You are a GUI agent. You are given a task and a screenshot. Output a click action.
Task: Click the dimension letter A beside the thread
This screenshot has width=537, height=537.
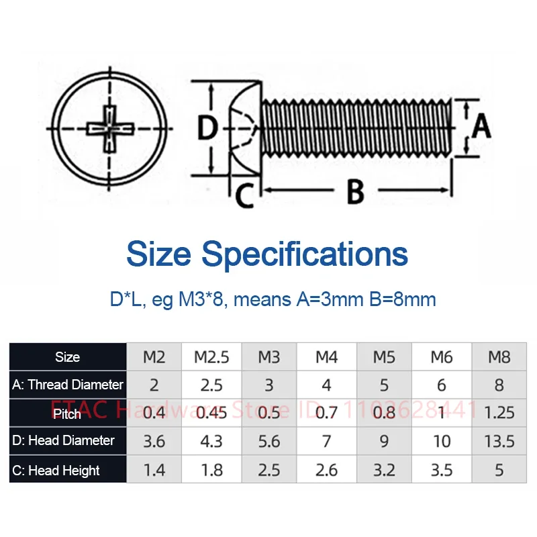click(481, 126)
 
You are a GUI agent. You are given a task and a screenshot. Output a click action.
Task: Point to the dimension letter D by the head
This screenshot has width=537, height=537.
click(207, 127)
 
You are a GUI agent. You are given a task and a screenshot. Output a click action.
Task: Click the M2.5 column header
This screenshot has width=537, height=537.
click(212, 356)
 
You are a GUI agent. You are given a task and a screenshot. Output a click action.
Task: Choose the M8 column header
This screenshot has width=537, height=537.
click(499, 356)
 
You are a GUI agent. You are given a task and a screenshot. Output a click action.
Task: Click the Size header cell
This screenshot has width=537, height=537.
click(68, 357)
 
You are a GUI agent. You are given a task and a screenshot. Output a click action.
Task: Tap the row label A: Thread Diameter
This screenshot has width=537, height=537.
click(68, 385)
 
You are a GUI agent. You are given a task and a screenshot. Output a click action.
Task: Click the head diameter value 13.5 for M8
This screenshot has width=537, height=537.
click(499, 440)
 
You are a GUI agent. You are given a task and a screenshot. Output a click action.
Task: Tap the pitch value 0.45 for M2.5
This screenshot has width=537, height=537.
click(212, 412)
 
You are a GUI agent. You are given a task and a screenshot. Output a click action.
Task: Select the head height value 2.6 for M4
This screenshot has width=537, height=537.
click(326, 470)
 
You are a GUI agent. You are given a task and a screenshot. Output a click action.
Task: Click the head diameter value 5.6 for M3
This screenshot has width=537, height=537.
click(268, 440)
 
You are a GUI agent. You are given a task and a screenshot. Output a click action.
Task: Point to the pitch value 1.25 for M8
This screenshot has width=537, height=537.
click(499, 412)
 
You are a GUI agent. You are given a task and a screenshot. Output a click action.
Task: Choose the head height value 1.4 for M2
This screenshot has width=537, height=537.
click(154, 470)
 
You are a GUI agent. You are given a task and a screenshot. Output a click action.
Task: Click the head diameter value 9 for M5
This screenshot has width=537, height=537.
click(384, 440)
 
